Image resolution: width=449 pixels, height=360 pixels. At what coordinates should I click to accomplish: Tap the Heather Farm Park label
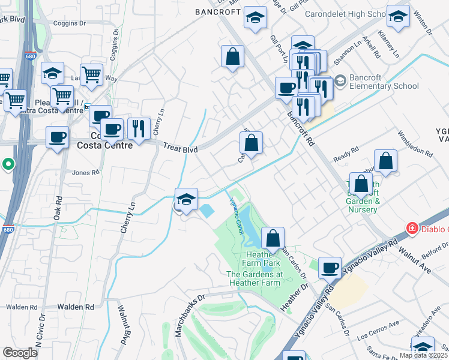262,263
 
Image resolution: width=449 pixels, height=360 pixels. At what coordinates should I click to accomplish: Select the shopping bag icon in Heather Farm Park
273,238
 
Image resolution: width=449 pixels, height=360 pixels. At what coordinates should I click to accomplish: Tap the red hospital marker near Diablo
411,228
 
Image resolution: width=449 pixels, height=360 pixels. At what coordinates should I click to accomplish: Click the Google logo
20,352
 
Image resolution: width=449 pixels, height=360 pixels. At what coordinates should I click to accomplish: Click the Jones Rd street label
85,173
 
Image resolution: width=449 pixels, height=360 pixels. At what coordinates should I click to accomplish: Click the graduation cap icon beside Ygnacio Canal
186,199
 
